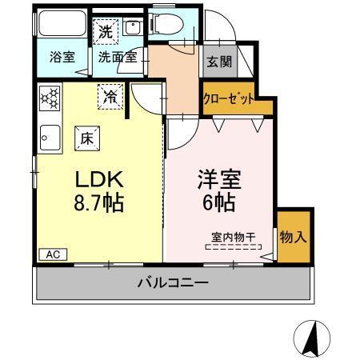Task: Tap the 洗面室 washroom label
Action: click(x=118, y=58)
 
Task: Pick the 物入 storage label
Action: click(x=293, y=238)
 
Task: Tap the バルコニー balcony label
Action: click(x=173, y=283)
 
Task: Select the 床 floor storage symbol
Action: click(x=86, y=138)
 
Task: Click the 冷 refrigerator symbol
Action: click(x=110, y=96)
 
